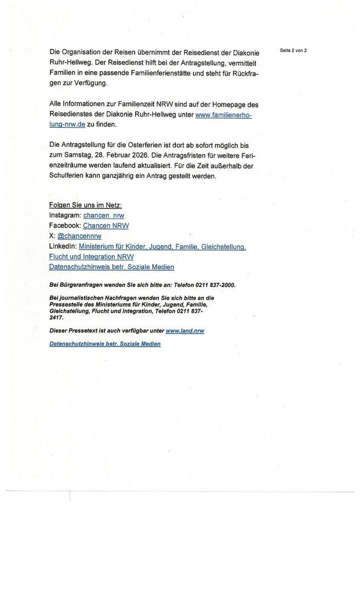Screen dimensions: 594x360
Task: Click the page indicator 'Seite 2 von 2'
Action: click(x=293, y=51)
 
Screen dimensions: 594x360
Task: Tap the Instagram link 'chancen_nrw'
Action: click(x=103, y=216)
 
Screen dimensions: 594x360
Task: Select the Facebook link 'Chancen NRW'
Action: click(x=106, y=226)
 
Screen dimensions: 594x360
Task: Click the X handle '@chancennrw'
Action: click(x=79, y=236)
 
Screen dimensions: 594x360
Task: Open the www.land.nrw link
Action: click(x=185, y=331)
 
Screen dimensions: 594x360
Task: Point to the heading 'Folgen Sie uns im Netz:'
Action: click(x=85, y=205)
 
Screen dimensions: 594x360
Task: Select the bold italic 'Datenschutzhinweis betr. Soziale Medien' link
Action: click(x=105, y=344)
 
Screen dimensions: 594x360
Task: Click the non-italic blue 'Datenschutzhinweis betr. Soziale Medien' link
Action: click(x=112, y=267)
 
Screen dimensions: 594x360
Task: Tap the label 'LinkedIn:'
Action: click(x=63, y=246)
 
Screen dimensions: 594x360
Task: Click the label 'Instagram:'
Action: click(x=65, y=216)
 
